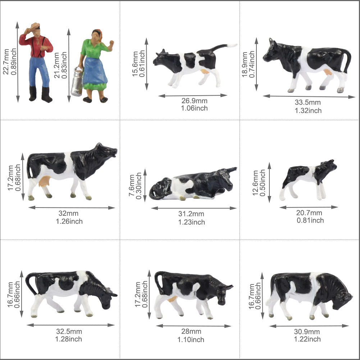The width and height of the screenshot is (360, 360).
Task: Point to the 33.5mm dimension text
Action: pos(308,102)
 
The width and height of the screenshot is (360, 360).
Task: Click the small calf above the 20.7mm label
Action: pos(309,178)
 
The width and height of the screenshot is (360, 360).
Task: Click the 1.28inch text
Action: pos(68,339)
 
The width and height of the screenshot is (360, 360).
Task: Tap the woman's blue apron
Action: pos(95,70)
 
